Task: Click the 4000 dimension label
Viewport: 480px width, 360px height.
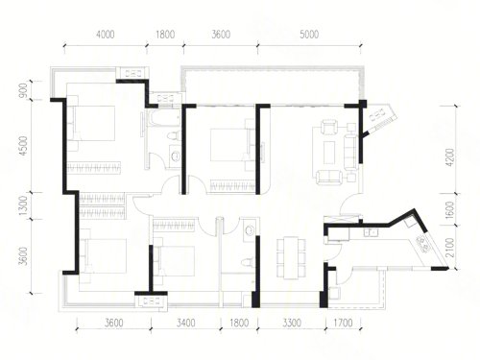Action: tap(106, 35)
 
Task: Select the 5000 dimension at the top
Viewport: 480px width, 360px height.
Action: tap(309, 35)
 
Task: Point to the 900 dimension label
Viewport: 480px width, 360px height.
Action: tap(23, 90)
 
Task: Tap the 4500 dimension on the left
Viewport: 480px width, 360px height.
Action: tap(23, 146)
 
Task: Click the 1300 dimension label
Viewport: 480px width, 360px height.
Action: tap(23, 205)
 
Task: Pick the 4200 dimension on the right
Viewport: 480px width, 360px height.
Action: tap(450, 157)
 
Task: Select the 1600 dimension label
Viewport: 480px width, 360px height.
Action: tap(450, 209)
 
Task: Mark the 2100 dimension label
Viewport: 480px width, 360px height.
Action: tap(450, 248)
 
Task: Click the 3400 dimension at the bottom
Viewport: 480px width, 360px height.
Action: tap(185, 323)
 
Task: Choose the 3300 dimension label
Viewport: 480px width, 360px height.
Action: tap(292, 323)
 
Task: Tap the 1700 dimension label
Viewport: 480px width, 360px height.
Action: tap(343, 323)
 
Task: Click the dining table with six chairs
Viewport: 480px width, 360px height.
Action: tap(291, 258)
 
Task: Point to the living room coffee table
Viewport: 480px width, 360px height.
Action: tap(329, 153)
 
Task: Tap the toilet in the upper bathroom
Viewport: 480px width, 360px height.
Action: tap(173, 136)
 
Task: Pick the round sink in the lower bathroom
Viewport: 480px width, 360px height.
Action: tap(250, 229)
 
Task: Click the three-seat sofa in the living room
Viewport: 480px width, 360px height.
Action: tap(350, 153)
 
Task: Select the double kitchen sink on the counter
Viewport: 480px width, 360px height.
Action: tap(371, 232)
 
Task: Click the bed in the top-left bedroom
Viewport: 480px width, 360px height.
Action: tap(94, 123)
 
